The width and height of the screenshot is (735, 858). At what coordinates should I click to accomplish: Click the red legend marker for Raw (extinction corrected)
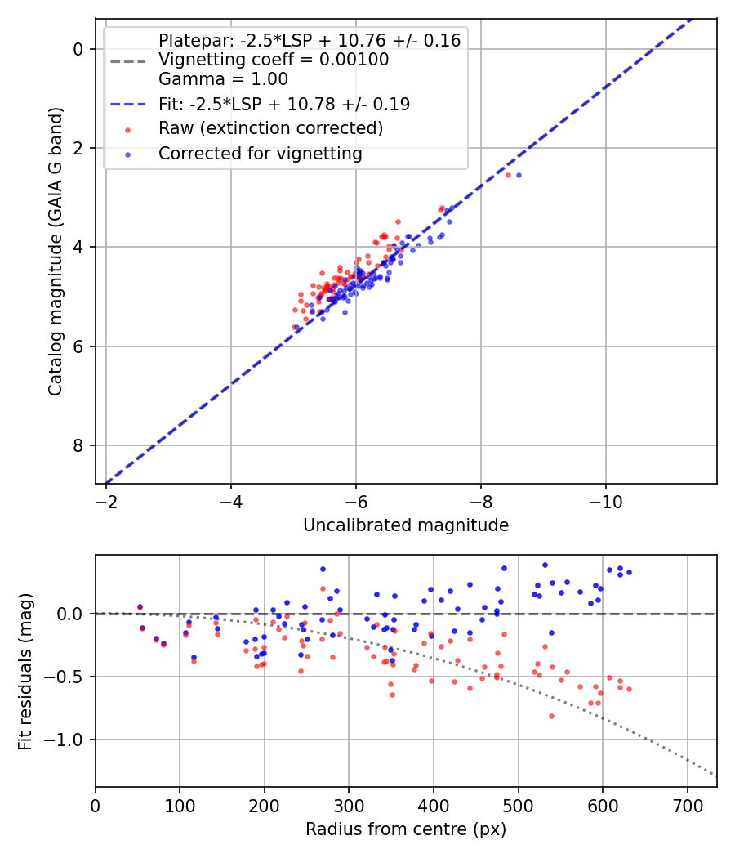click(x=127, y=129)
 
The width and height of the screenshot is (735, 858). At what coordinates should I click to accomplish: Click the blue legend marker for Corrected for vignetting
click(x=127, y=154)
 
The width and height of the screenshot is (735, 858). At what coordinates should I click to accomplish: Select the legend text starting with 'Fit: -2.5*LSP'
click(x=284, y=105)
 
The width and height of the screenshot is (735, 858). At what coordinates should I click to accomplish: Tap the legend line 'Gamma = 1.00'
click(x=223, y=80)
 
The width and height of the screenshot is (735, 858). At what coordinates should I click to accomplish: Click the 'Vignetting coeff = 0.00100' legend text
click(x=274, y=60)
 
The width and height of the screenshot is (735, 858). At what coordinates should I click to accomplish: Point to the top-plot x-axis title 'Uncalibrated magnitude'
click(x=406, y=525)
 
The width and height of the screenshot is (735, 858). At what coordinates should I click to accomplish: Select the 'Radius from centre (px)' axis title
click(x=406, y=830)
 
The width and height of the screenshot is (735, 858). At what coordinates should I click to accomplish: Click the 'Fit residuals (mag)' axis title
click(x=24, y=672)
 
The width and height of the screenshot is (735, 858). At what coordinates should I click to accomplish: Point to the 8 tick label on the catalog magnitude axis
click(x=78, y=445)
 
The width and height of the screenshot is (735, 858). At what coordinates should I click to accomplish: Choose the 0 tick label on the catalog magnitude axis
click(x=78, y=49)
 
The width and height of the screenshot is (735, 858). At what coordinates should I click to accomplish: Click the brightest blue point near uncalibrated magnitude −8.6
click(x=519, y=175)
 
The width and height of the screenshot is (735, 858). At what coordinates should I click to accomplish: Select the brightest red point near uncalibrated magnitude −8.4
click(x=508, y=175)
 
